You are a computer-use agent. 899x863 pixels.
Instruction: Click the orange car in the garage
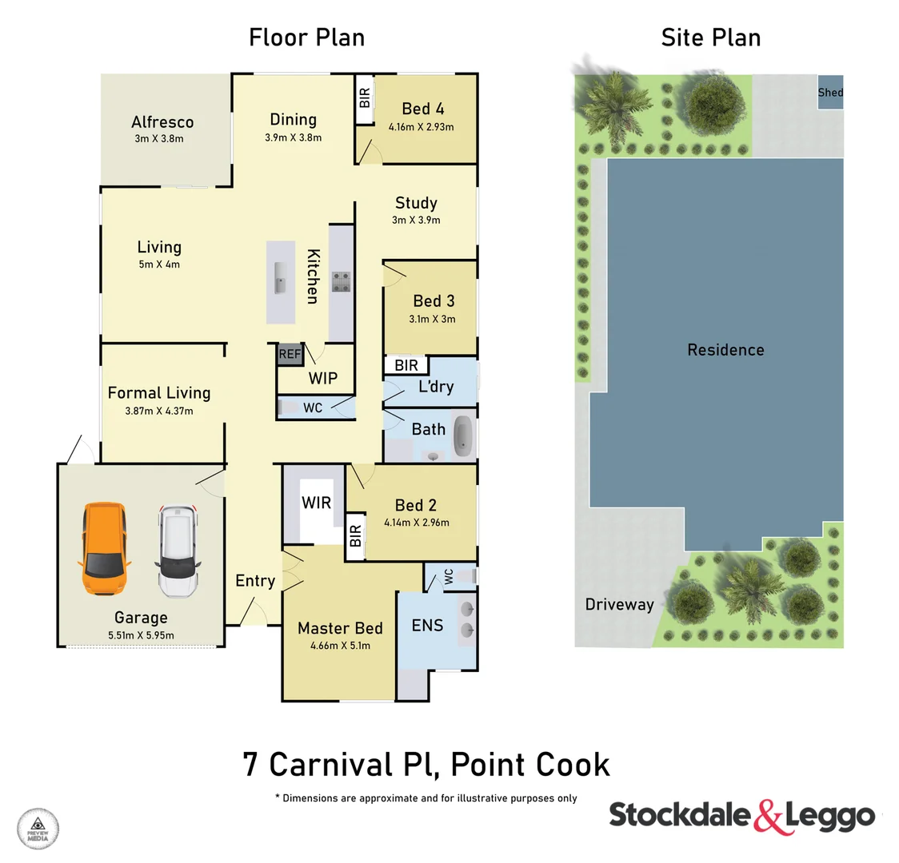click(x=104, y=549)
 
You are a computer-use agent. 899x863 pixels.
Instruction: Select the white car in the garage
click(x=177, y=551)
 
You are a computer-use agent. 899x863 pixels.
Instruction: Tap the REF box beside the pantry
click(x=290, y=354)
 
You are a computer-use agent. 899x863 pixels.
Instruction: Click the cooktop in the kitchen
click(x=342, y=282)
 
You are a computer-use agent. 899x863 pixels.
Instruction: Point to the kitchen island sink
click(x=280, y=277)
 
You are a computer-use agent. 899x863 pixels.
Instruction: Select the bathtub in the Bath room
click(x=463, y=435)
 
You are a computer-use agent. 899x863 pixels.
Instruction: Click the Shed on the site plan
click(x=830, y=93)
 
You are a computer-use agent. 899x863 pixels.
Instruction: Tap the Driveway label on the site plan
click(x=619, y=604)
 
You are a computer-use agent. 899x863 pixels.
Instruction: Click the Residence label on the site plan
click(x=725, y=350)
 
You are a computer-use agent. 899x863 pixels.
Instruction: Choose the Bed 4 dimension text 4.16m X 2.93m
click(x=422, y=127)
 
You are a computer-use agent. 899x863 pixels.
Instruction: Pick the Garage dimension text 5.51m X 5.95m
click(x=141, y=635)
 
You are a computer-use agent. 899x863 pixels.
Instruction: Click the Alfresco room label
click(x=162, y=122)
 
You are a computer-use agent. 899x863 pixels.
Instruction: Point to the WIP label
click(x=323, y=378)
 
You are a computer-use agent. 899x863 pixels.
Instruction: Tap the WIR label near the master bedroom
click(x=316, y=502)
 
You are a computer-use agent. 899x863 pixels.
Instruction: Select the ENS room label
click(x=427, y=625)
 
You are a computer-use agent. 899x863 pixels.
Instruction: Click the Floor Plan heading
click(x=306, y=38)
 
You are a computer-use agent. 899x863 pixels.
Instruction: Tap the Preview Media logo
click(x=38, y=828)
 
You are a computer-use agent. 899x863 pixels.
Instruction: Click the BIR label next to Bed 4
click(x=365, y=98)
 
